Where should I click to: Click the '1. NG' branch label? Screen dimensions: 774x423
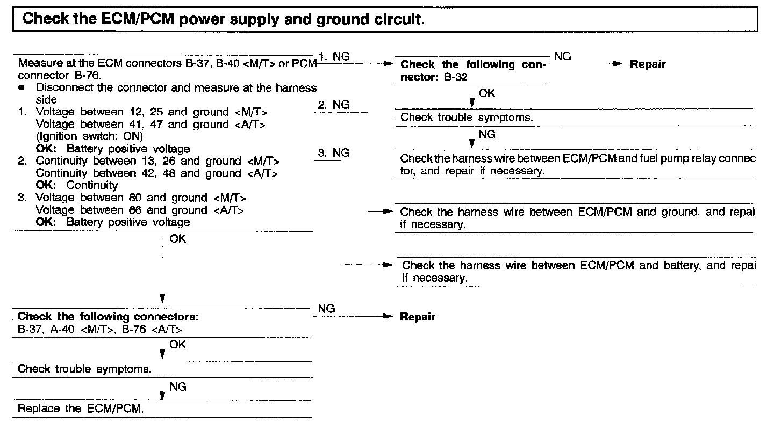pos(334,56)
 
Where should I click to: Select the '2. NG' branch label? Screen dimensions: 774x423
pos(333,105)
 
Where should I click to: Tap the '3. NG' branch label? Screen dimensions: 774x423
pos(333,153)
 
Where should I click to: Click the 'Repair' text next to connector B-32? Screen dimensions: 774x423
pos(648,64)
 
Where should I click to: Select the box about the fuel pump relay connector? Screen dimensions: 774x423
pos(575,165)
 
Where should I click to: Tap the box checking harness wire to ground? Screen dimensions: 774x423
pos(575,218)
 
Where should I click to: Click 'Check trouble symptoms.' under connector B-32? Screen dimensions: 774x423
pos(467,118)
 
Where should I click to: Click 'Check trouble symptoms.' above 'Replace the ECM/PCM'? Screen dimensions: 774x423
pos(84,369)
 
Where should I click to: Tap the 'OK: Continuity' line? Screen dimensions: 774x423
pos(77,186)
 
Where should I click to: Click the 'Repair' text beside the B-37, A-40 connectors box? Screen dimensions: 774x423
pos(418,317)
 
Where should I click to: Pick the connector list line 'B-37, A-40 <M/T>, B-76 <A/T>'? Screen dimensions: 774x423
pos(100,329)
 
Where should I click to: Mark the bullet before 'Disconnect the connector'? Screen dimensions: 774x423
pos(21,87)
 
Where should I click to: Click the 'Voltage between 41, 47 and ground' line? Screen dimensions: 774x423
pos(151,125)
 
